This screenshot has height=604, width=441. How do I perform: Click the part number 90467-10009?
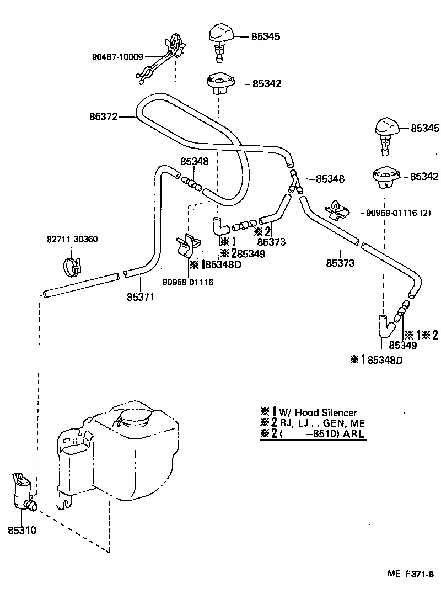[x=118, y=56]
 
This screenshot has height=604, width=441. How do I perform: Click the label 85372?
[x=103, y=117]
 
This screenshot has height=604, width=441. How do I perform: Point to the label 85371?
[x=141, y=297]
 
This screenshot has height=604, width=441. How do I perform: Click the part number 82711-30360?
[x=69, y=240]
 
